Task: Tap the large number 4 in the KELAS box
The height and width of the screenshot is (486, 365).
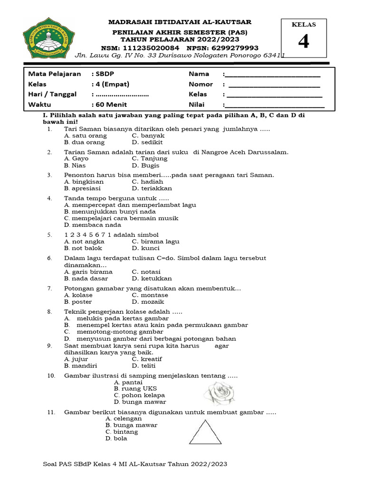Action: click(x=303, y=42)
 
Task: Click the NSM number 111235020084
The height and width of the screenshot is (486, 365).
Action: click(x=152, y=48)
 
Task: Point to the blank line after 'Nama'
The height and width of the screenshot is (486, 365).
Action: click(x=272, y=74)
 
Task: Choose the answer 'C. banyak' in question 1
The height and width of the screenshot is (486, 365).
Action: click(x=148, y=136)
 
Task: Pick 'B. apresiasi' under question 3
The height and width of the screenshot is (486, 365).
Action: click(x=84, y=188)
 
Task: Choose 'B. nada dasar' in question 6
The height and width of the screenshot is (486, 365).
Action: click(x=86, y=279)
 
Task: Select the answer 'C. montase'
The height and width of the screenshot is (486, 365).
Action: click(x=150, y=295)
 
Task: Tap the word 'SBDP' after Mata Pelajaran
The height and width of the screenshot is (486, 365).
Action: click(x=104, y=74)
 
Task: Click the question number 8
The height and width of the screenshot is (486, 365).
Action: click(x=49, y=312)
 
